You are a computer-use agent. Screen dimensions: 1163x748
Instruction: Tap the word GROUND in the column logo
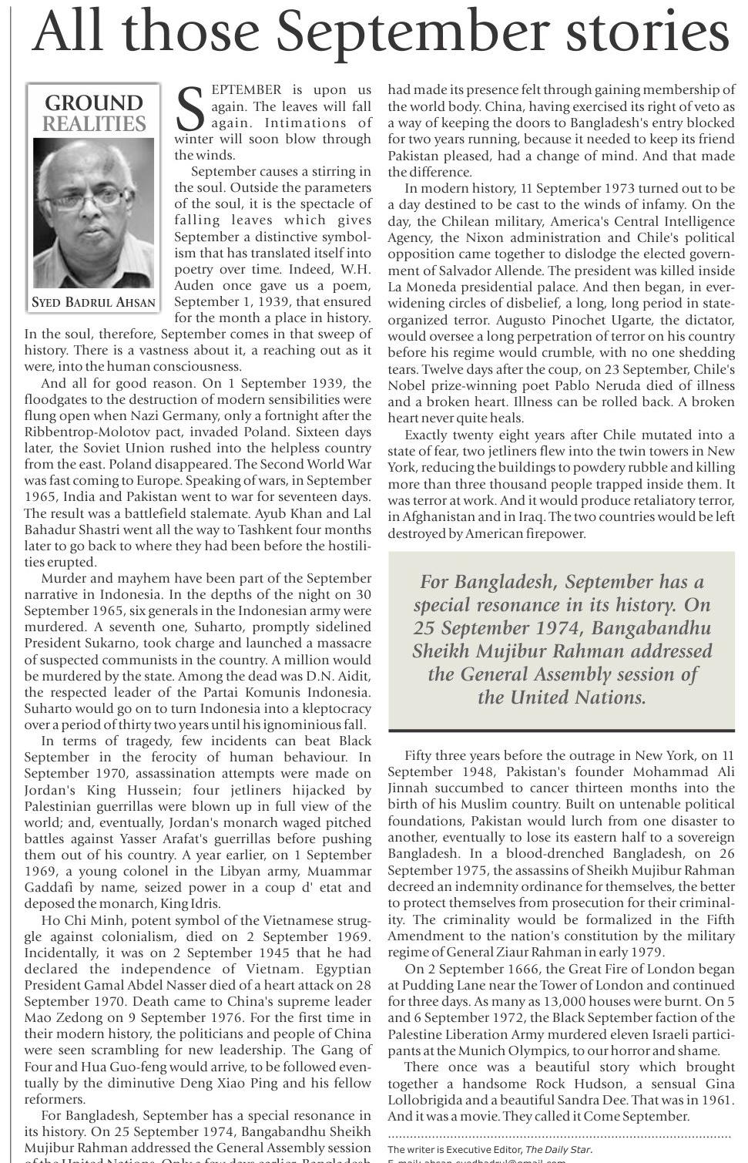(x=94, y=103)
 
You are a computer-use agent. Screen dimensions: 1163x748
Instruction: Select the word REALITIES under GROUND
(x=94, y=124)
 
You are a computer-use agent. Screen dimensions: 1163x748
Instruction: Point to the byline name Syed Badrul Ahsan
(x=93, y=303)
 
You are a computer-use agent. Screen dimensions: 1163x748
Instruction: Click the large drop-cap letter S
(x=190, y=109)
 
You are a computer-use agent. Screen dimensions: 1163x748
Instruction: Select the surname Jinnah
(x=408, y=788)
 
